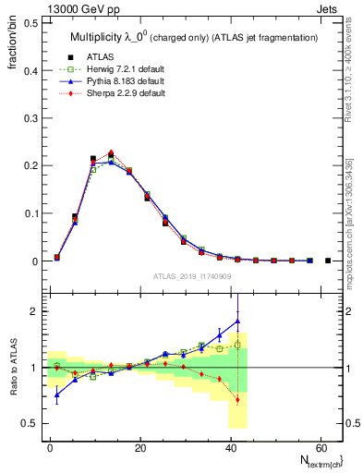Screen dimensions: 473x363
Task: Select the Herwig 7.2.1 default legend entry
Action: pyautogui.click(x=115, y=70)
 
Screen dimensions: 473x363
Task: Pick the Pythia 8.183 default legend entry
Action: pyautogui.click(x=115, y=82)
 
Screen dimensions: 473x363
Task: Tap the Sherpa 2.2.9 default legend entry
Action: pyautogui.click(x=115, y=94)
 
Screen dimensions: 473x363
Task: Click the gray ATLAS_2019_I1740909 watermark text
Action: pyautogui.click(x=192, y=276)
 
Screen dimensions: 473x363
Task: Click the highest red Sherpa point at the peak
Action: pyautogui.click(x=111, y=152)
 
